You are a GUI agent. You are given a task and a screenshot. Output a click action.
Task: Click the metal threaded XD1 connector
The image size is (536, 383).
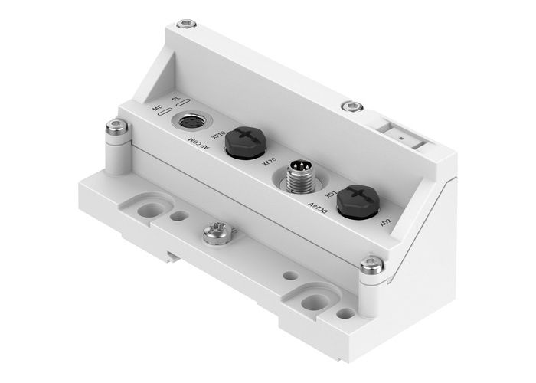tap(297, 177)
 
